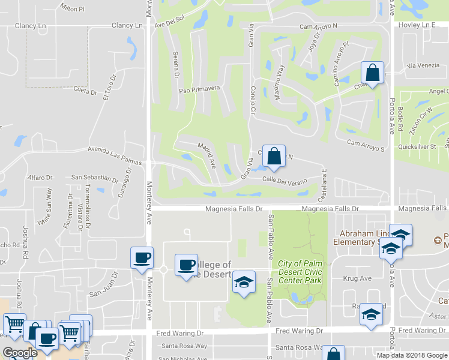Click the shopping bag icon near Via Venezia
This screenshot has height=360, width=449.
click(372, 73)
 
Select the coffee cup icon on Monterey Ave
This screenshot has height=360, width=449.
click(142, 258)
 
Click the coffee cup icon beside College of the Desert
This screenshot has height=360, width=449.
click(186, 265)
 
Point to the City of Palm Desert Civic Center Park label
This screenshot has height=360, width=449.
click(300, 272)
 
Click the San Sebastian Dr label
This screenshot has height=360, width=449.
click(95, 178)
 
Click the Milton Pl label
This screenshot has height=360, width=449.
click(73, 8)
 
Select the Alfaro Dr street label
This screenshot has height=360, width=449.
click(41, 178)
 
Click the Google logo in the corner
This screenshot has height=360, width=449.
click(20, 353)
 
